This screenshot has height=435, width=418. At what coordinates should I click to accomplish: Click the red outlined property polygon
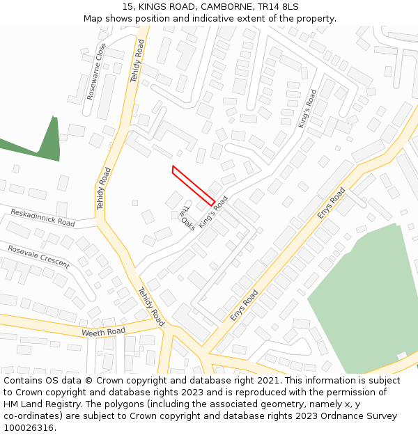tap(193, 185)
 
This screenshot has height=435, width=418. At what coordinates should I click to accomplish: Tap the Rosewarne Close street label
tap(97, 71)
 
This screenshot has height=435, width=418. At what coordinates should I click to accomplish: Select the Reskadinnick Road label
tap(42, 217)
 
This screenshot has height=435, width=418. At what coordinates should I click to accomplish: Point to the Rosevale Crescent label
tap(39, 256)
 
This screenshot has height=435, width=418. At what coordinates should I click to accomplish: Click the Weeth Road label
tap(103, 332)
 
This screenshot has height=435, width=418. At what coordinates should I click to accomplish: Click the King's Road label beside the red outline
tap(213, 212)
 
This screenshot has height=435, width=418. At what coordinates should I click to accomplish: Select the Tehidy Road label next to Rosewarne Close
tap(137, 60)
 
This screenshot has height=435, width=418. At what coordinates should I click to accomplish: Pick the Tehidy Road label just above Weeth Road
tap(151, 306)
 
